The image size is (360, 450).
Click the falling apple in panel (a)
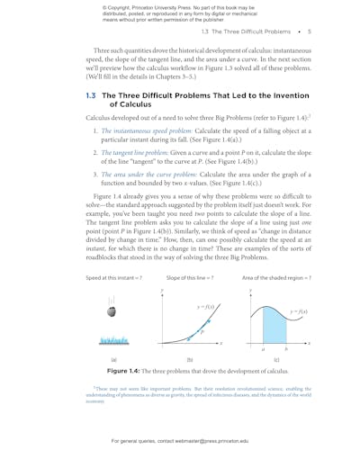112,312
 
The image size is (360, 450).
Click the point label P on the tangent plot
202,331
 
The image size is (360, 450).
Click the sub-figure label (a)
112,359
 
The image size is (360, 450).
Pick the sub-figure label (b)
189,359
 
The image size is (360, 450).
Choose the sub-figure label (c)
274,359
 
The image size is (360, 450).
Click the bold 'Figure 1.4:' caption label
129,371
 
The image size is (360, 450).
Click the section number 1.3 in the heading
91,94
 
